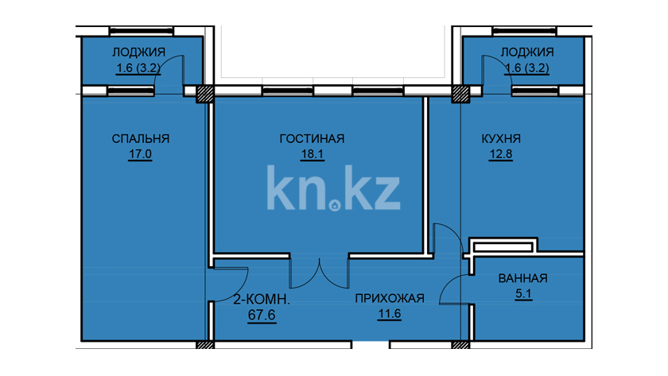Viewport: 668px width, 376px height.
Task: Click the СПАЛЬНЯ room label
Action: pyautogui.click(x=141, y=139)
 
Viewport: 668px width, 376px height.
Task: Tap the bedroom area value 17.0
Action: pyautogui.click(x=140, y=153)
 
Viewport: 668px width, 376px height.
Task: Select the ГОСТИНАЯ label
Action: pyautogui.click(x=312, y=139)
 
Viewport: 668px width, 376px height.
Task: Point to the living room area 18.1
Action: pyautogui.click(x=313, y=153)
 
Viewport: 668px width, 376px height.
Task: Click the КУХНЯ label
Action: pyautogui.click(x=501, y=139)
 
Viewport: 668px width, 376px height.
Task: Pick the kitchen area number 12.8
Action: pyautogui.click(x=500, y=153)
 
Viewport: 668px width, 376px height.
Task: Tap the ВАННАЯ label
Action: pyautogui.click(x=522, y=278)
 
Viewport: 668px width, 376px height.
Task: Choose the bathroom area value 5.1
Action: pyautogui.click(x=523, y=293)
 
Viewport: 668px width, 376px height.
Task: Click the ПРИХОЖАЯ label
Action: pyautogui.click(x=390, y=299)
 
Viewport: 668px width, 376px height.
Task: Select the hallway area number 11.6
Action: pyautogui.click(x=390, y=314)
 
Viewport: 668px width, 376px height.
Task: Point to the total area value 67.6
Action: pyautogui.click(x=262, y=315)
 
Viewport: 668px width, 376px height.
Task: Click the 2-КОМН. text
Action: pyautogui.click(x=262, y=300)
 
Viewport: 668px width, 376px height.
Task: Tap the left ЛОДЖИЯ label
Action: pyautogui.click(x=138, y=52)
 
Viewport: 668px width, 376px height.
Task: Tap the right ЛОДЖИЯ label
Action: pyautogui.click(x=527, y=52)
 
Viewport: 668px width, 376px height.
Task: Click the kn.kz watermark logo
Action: pyautogui.click(x=333, y=188)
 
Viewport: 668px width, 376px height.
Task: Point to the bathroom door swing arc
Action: pyautogui.click(x=445, y=285)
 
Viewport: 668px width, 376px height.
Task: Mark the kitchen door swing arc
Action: pyautogui.click(x=455, y=234)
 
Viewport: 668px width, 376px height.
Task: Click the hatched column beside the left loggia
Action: pyautogui.click(x=205, y=94)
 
